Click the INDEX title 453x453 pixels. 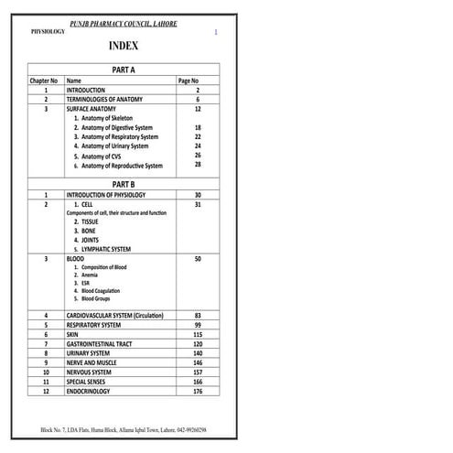[124, 46]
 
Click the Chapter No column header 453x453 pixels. [45, 81]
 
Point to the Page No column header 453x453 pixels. [189, 81]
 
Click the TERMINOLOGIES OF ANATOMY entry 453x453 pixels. [104, 100]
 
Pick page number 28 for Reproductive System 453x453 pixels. [198, 165]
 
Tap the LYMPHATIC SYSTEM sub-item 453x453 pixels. [105, 249]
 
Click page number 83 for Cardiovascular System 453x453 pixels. [198, 316]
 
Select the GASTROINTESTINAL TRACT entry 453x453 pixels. [102, 344]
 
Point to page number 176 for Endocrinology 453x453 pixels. [198, 392]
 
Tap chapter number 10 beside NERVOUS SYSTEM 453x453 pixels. [46, 372]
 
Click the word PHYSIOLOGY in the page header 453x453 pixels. [48, 30]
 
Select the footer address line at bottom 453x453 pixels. [124, 429]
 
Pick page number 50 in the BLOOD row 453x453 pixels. [198, 259]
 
